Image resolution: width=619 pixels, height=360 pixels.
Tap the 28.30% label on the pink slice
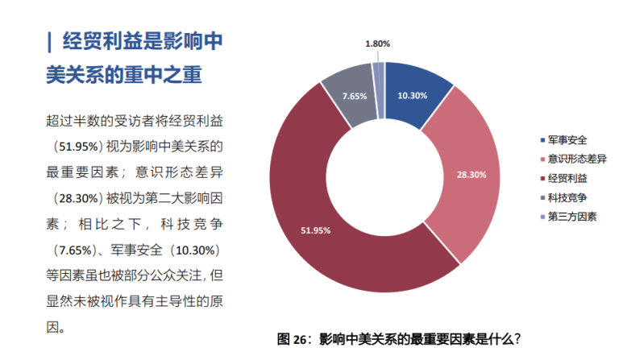[450, 174]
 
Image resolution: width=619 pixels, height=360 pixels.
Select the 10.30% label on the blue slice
[412, 95]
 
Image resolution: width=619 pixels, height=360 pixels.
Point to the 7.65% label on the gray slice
[354, 96]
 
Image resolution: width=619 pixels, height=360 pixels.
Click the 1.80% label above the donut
[377, 43]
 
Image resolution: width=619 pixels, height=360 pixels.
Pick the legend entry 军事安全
[567, 139]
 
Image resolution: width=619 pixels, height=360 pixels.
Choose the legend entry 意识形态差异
[576, 159]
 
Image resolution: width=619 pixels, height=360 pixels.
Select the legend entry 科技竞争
[567, 197]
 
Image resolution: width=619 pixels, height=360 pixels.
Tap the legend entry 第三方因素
[571, 217]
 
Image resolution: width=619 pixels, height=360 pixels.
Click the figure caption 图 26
[399, 338]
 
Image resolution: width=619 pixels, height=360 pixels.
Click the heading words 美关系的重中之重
[123, 76]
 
